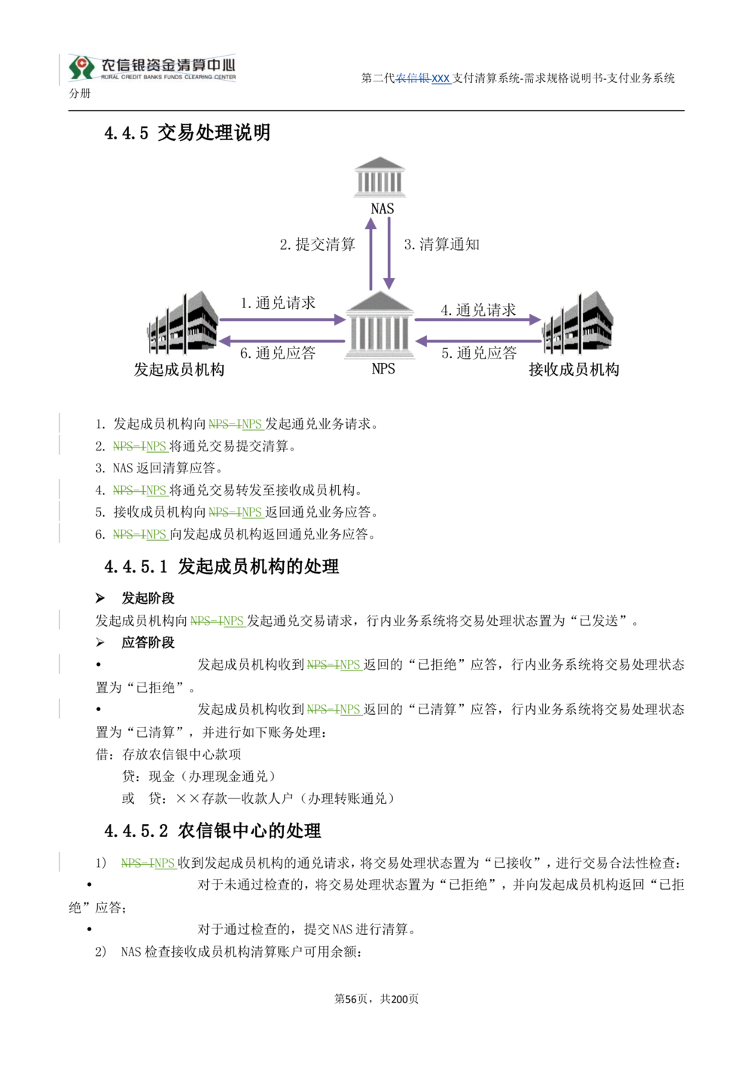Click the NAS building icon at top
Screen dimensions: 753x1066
(x=380, y=177)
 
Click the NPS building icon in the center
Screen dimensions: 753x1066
(x=380, y=325)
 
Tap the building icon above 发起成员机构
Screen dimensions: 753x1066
(x=183, y=323)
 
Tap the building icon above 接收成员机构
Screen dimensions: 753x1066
(x=578, y=323)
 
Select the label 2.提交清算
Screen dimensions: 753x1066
(x=317, y=245)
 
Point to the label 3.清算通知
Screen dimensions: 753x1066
(x=442, y=245)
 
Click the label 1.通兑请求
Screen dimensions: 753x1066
(x=278, y=303)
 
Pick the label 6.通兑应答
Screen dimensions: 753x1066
(x=278, y=353)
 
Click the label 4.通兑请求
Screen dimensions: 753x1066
(x=478, y=310)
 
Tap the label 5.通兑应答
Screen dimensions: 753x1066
(x=479, y=353)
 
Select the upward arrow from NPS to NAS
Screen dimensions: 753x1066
(x=371, y=254)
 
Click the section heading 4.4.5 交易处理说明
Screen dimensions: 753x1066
(x=187, y=133)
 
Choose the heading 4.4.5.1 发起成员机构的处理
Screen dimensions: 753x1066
(x=221, y=567)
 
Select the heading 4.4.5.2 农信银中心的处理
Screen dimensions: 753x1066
(x=212, y=831)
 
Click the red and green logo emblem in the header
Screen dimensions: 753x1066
(x=82, y=68)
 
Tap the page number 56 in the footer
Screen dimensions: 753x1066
(x=351, y=999)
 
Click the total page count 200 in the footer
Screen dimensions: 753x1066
(x=399, y=999)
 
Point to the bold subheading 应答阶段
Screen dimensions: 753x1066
(x=148, y=643)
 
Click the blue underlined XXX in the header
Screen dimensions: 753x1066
(x=441, y=78)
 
